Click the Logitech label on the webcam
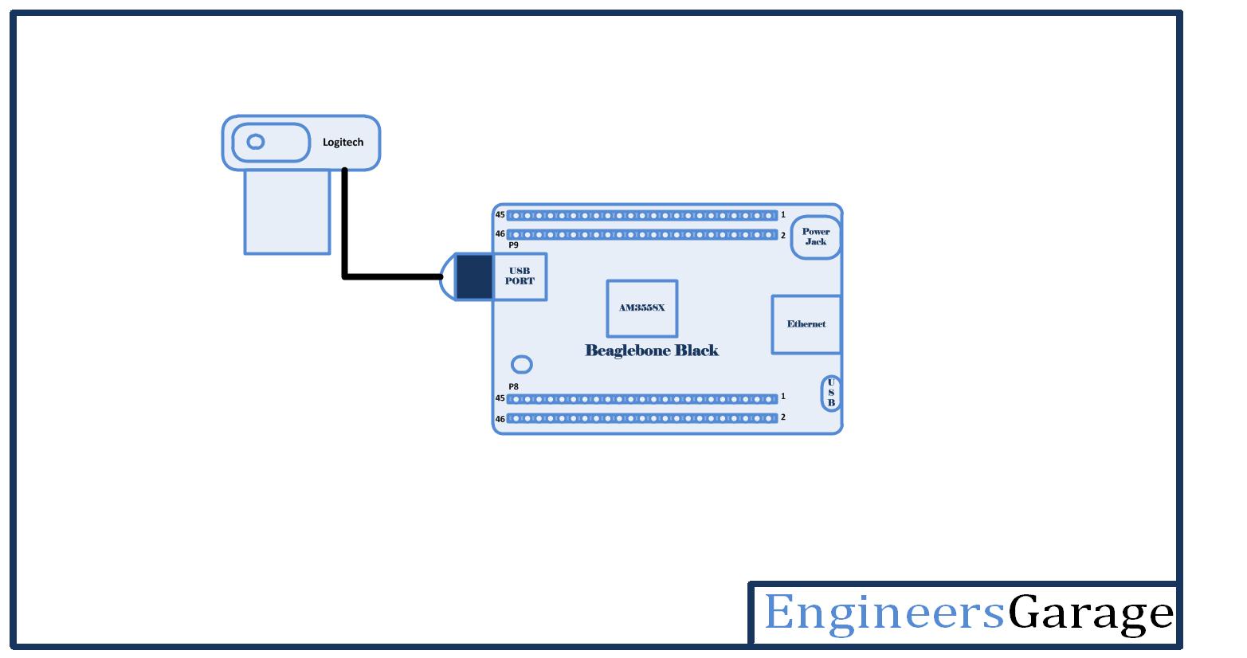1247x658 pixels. pyautogui.click(x=343, y=143)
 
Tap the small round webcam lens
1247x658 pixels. pyautogui.click(x=256, y=142)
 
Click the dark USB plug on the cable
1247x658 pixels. pyautogui.click(x=474, y=277)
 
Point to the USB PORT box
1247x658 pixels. pyautogui.click(x=520, y=276)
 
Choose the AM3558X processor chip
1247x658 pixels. pyautogui.click(x=641, y=307)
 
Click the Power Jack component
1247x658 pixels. pyautogui.click(x=815, y=237)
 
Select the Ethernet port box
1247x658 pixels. pyautogui.click(x=806, y=324)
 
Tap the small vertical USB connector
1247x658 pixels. pyautogui.click(x=830, y=394)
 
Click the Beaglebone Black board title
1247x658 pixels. pyautogui.click(x=652, y=351)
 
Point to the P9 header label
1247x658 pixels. pyautogui.click(x=513, y=245)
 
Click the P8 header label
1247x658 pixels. pyautogui.click(x=513, y=387)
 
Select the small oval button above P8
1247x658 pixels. pyautogui.click(x=521, y=365)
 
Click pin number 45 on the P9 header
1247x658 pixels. pyautogui.click(x=500, y=215)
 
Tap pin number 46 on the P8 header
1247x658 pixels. pyautogui.click(x=500, y=419)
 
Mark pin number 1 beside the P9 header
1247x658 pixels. pyautogui.click(x=783, y=215)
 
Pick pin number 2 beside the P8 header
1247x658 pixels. pyautogui.click(x=783, y=417)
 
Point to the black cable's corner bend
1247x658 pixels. pyautogui.click(x=345, y=276)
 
